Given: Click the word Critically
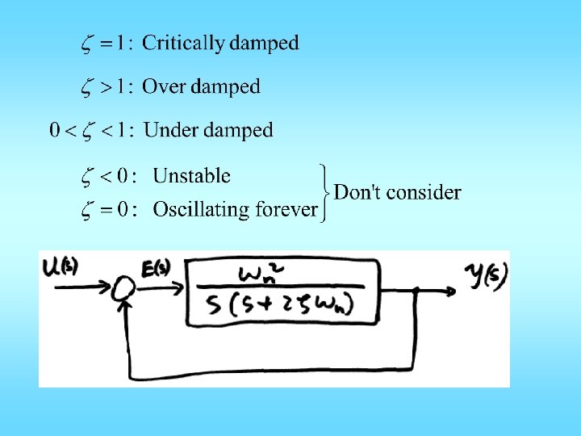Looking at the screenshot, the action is click(x=183, y=44).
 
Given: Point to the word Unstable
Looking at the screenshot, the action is click(x=191, y=176).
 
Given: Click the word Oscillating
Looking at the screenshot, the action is click(x=201, y=210).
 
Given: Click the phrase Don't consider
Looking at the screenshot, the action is click(x=397, y=192).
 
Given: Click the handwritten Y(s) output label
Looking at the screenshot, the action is click(x=487, y=277).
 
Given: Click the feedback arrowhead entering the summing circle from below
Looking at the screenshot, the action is click(x=125, y=306).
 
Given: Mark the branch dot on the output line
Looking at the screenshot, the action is click(x=416, y=289).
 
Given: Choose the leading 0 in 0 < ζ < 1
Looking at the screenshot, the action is click(x=55, y=131).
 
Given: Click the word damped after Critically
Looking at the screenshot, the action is click(x=264, y=44).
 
